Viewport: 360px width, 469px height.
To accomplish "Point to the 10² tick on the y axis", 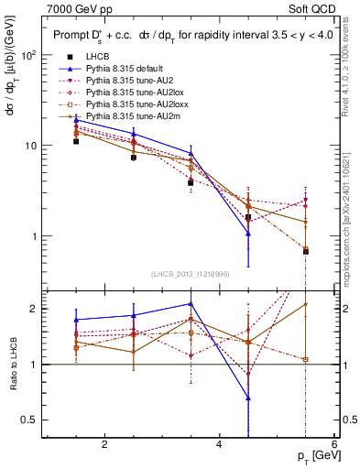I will coord(29,56).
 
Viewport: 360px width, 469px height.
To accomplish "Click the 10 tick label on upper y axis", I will coord(29,147).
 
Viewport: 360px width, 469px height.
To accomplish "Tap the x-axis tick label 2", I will coord(104,445).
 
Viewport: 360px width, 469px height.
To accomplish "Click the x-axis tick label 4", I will coord(219,445).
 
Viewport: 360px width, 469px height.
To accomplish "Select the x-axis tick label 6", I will coord(333,445).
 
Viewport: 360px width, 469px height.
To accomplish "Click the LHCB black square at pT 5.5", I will coord(305,251).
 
